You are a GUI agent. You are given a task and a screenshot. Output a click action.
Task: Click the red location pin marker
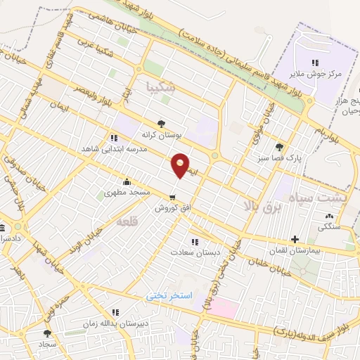(x=181, y=165)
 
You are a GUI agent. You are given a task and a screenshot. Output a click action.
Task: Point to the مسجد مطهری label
(x=125, y=192)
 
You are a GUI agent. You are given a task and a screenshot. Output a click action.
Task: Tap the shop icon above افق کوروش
(x=172, y=197)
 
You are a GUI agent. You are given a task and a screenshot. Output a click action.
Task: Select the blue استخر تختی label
(x=169, y=295)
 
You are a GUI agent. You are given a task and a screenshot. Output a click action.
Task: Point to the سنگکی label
(x=330, y=226)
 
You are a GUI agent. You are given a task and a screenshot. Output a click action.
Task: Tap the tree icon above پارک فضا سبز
(x=280, y=147)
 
